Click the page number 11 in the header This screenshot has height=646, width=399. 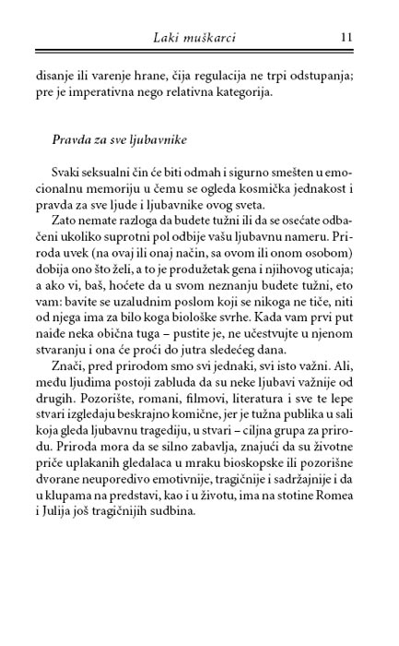tap(346, 37)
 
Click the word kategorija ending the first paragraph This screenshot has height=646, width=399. tap(282, 91)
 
